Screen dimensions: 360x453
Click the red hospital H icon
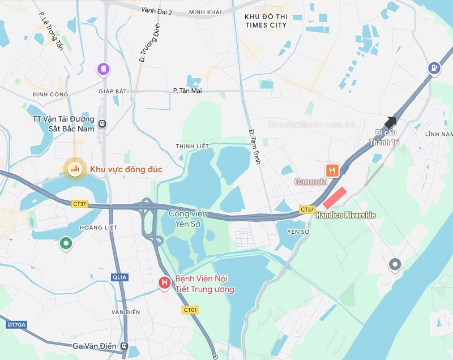(x=164, y=282)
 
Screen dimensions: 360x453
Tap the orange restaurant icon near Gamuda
(x=332, y=170)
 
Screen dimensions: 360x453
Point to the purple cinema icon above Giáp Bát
(x=103, y=69)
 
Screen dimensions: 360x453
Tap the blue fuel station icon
(x=434, y=68)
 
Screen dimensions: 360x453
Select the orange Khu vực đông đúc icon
(x=74, y=168)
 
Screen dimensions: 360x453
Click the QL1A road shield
(x=119, y=277)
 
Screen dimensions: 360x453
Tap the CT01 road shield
(x=190, y=310)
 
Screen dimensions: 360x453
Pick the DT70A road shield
(x=16, y=324)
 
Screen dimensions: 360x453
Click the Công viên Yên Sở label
(x=188, y=218)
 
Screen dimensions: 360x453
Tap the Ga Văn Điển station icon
(x=125, y=346)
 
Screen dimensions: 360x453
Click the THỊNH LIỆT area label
(x=193, y=146)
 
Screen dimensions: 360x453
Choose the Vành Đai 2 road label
(x=157, y=11)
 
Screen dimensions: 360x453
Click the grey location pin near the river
(x=395, y=264)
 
